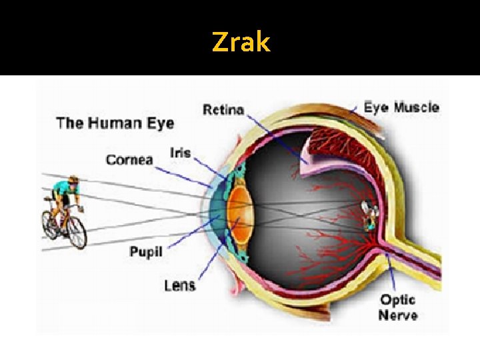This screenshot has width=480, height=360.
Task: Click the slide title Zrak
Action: [x=241, y=43]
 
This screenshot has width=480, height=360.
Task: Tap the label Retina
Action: [x=223, y=109]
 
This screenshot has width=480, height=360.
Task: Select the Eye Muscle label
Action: [x=401, y=107]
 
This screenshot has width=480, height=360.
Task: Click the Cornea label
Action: [x=129, y=159]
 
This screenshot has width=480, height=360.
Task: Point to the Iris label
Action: [x=180, y=153]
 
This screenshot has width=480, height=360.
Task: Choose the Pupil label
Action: [x=145, y=252]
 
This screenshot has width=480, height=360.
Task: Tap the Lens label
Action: [x=179, y=285]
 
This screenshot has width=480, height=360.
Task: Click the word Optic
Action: [x=397, y=300]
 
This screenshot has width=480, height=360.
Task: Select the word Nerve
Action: [x=398, y=315]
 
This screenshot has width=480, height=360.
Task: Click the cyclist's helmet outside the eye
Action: [x=73, y=180]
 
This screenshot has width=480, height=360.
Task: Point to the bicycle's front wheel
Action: [x=77, y=231]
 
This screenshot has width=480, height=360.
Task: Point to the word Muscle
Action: [x=416, y=107]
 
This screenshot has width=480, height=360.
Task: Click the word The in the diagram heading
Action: [x=70, y=123]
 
